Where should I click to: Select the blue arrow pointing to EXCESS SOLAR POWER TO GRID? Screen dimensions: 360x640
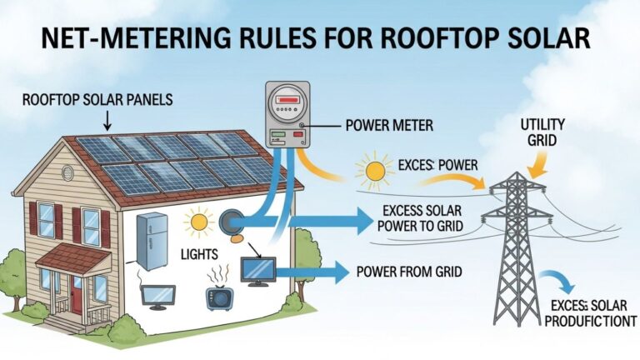pyautogui.click(x=333, y=221)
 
